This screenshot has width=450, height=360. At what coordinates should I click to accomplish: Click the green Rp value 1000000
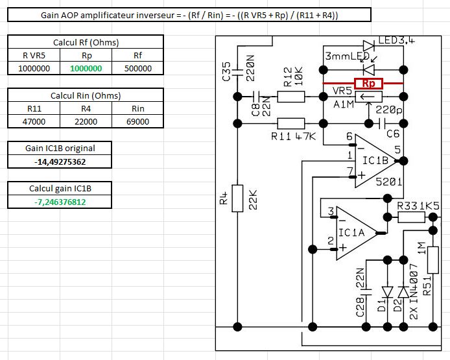(86, 68)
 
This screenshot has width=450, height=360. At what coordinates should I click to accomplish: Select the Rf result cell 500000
(138, 68)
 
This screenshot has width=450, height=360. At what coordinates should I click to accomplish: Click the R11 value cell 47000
(34, 121)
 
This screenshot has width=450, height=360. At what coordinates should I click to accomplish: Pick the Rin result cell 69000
(138, 121)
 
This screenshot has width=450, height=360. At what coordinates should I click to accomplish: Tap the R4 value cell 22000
(86, 121)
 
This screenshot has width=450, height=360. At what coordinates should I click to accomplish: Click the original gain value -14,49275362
(60, 162)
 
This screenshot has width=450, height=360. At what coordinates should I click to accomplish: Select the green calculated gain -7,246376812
(60, 202)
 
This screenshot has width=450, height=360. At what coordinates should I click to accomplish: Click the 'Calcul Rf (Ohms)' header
(86, 42)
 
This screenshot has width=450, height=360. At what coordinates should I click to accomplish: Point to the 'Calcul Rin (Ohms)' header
(86, 95)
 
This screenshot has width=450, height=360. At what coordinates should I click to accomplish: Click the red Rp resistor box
(363, 84)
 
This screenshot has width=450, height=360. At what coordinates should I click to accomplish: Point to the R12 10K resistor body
(290, 97)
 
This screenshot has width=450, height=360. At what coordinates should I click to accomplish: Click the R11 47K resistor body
(290, 123)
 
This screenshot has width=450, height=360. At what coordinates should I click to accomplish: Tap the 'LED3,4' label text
(396, 41)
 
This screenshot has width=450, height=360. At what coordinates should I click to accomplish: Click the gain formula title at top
(189, 14)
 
